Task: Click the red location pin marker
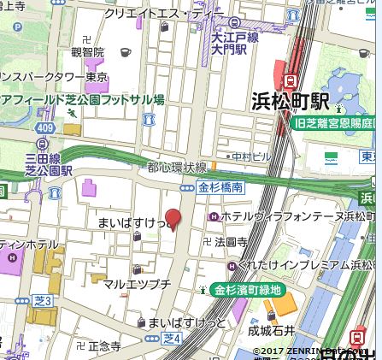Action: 173,219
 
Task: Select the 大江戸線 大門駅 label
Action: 228,44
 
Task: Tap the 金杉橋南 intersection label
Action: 220,186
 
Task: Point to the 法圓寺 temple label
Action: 230,243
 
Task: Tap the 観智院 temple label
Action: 88,51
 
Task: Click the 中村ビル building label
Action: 249,157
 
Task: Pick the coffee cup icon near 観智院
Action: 126,51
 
